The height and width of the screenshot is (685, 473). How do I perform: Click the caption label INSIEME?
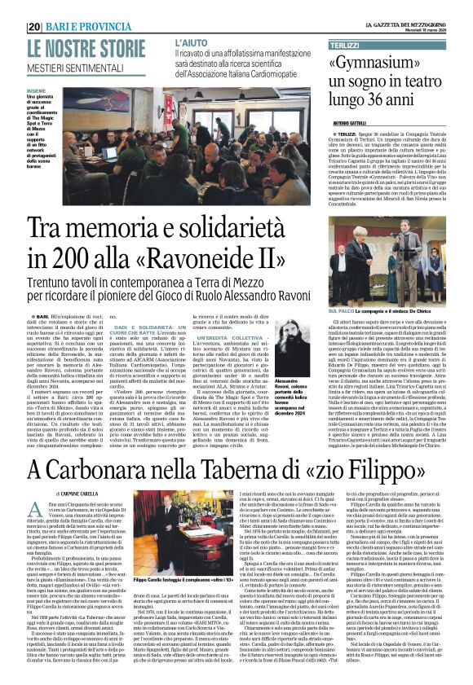coord(36,91)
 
